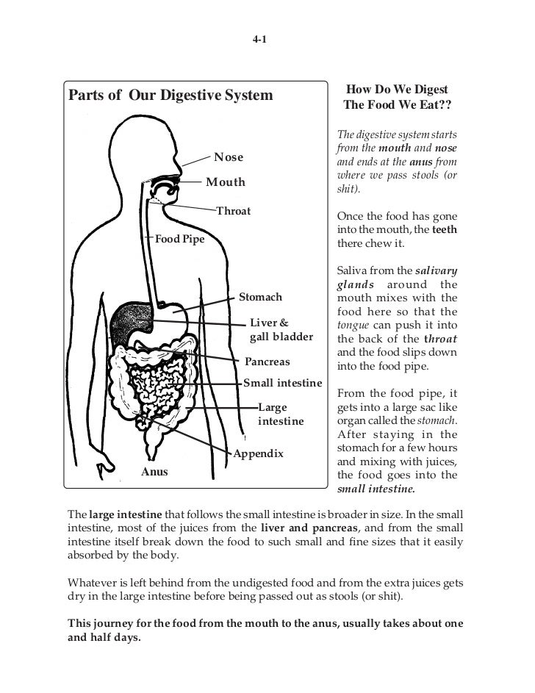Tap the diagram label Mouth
tap(225, 182)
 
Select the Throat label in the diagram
tap(234, 211)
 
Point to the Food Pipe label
tap(179, 240)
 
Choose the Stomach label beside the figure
tap(261, 297)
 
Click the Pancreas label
tap(267, 362)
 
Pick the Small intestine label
tap(283, 383)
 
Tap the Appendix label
tap(259, 454)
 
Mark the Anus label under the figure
tap(154, 471)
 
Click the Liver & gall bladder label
tap(281, 330)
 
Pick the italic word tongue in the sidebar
tap(352, 324)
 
